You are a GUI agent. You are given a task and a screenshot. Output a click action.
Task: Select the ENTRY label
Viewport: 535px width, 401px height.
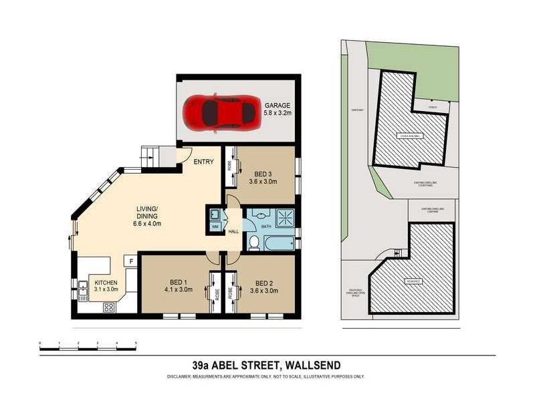[203, 162]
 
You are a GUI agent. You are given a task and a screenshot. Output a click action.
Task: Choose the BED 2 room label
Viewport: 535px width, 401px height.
[265, 282]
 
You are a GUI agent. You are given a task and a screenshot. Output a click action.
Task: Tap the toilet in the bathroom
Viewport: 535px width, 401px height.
[254, 242]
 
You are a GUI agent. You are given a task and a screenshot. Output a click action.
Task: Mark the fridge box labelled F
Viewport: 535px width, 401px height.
[131, 261]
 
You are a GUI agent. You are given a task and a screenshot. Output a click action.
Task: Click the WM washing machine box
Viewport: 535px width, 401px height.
[215, 227]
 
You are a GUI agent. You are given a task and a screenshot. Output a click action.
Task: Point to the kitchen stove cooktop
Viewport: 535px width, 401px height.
[108, 307]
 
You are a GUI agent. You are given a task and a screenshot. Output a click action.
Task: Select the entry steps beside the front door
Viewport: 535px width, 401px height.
[151, 156]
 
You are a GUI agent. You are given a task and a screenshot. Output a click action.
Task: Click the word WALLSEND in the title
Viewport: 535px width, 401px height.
[312, 365]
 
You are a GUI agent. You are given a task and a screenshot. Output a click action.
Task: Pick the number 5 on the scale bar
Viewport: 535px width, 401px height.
[136, 343]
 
